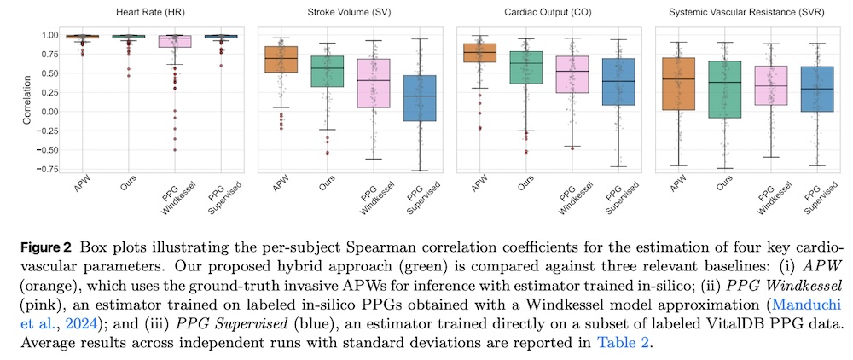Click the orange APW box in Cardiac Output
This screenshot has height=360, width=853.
[x=480, y=53]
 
